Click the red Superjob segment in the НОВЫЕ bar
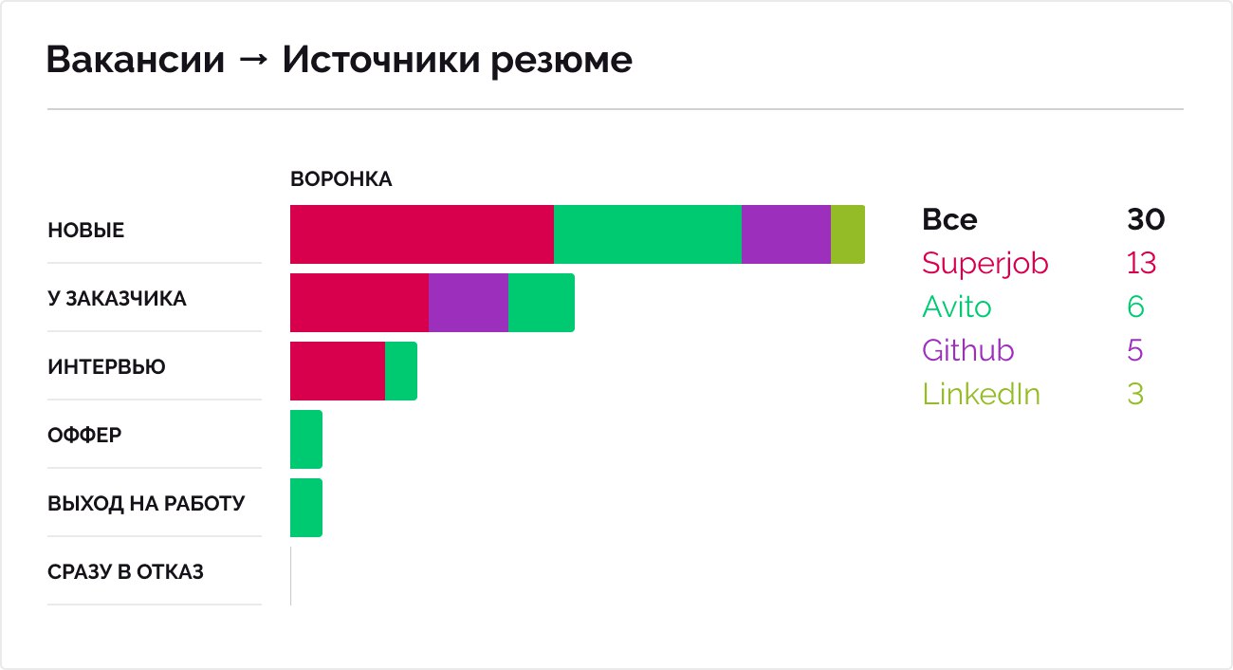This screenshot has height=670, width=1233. click(x=421, y=234)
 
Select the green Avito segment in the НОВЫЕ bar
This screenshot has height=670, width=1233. click(x=647, y=234)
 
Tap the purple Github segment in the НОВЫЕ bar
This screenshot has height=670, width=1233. click(x=785, y=234)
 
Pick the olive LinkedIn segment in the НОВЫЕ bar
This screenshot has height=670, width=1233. click(x=847, y=234)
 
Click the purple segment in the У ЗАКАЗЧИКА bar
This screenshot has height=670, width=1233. click(x=468, y=303)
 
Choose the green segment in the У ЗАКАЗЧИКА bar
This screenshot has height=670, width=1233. click(x=541, y=303)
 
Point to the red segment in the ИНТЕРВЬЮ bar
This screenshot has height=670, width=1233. click(x=337, y=371)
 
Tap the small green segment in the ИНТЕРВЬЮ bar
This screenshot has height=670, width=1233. click(x=400, y=371)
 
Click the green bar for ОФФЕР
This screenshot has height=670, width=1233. click(x=305, y=439)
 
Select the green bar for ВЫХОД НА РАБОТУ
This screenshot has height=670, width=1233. click(x=305, y=508)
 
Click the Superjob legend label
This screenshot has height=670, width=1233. click(x=985, y=263)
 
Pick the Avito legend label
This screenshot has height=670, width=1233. click(x=956, y=307)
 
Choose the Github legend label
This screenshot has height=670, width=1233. click(x=967, y=350)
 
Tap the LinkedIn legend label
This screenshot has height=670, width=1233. click(x=981, y=394)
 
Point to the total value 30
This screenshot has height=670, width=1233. click(x=1145, y=220)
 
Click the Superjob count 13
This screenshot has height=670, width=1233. click(x=1141, y=263)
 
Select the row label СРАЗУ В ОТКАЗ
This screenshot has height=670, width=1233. click(x=125, y=572)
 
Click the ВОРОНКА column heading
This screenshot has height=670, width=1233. click(x=340, y=179)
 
